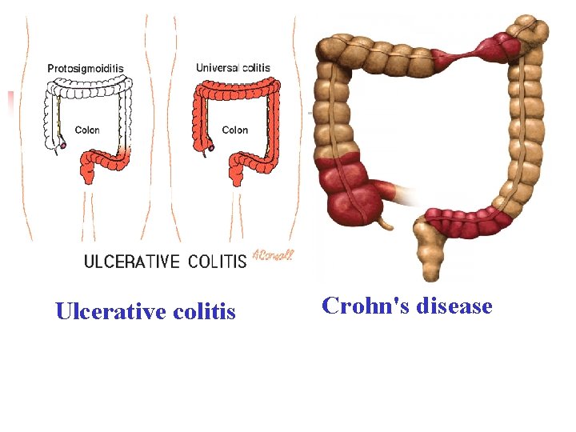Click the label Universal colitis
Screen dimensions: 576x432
pos(233,68)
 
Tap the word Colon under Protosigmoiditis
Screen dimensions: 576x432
pos(87,130)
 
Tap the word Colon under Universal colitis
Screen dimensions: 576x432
pos(235,130)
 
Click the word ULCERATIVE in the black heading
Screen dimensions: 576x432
pos(132,262)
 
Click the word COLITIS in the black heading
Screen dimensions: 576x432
pos(218,262)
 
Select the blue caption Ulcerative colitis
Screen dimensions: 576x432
pos(146,311)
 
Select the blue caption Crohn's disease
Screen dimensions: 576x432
pos(406,305)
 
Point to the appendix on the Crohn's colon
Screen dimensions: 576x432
pos(385,219)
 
